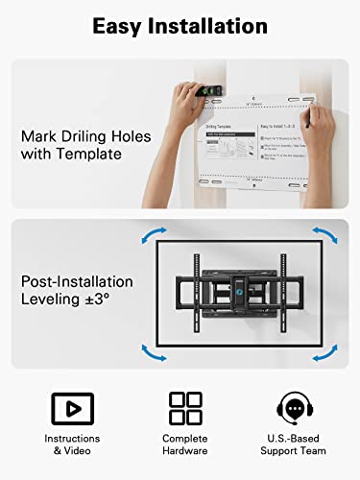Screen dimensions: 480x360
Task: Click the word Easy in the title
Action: click(x=117, y=26)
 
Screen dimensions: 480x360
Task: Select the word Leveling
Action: click(x=55, y=300)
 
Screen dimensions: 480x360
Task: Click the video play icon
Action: click(x=66, y=406)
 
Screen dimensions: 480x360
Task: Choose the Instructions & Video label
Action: click(x=66, y=443)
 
